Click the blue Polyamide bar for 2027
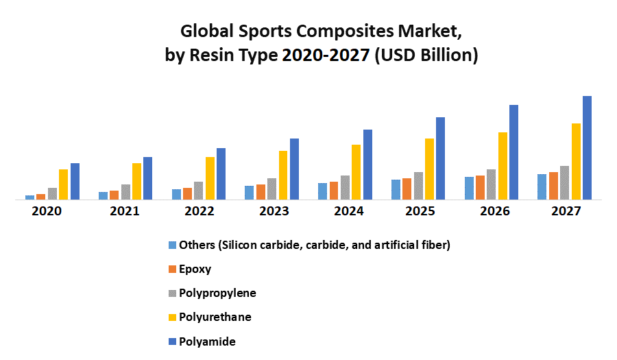587,148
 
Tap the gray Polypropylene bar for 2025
418,186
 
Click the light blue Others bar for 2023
249,193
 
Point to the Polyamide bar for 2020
75,181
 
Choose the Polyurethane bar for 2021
136,181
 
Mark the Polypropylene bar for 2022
199,191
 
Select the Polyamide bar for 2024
367,165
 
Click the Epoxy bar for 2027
553,186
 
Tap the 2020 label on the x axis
47,211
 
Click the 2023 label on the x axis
273,211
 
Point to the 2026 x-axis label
494,211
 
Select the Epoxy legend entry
195,269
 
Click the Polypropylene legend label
217,293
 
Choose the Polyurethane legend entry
215,317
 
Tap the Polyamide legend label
207,341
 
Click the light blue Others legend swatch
171,245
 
